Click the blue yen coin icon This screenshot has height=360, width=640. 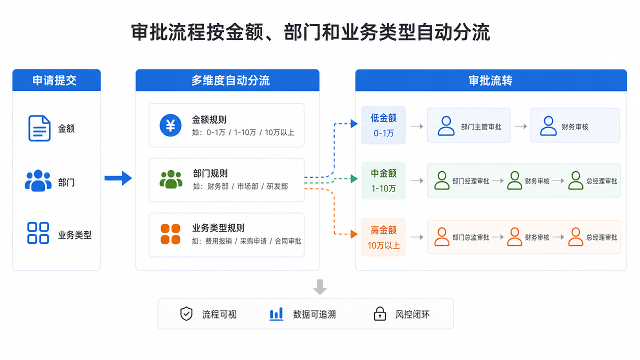[x=170, y=125]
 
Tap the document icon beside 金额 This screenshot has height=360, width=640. [x=39, y=128]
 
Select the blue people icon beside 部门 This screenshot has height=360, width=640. [x=38, y=180]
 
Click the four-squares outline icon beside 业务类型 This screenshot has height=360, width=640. [x=38, y=233]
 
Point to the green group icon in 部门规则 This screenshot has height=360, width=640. [x=171, y=179]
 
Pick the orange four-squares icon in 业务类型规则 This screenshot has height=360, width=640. [x=170, y=234]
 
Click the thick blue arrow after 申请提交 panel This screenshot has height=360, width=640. [x=118, y=178]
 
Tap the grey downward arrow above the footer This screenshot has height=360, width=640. [x=320, y=287]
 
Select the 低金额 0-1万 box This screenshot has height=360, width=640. [x=383, y=125]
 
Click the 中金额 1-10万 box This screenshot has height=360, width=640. [x=383, y=180]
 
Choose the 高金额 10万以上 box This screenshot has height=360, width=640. [x=383, y=237]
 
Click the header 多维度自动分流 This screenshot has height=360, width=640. [x=230, y=80]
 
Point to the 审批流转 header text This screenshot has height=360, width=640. [x=490, y=81]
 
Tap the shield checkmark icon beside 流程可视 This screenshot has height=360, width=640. [x=186, y=313]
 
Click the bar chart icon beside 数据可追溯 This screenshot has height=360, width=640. [x=276, y=313]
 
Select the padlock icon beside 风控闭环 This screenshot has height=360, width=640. [x=379, y=313]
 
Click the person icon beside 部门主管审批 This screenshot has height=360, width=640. [x=446, y=125]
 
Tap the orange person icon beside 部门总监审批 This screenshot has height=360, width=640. [x=441, y=237]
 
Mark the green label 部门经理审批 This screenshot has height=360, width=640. [x=470, y=181]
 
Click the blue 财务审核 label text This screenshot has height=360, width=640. [x=575, y=127]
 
